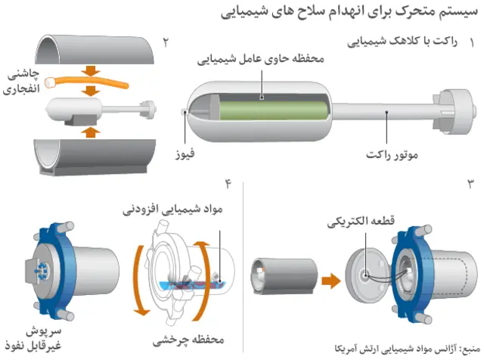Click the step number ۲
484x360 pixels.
(x=166, y=39)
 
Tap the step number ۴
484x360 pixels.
(x=228, y=183)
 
